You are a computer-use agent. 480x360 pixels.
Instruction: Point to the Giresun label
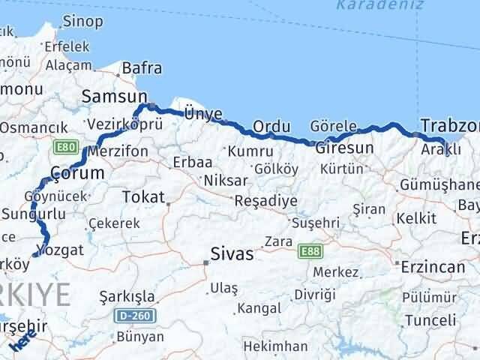pyautogui.click(x=344, y=148)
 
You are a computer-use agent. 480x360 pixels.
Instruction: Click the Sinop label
pyautogui.click(x=82, y=22)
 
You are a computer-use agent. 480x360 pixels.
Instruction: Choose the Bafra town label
pyautogui.click(x=142, y=68)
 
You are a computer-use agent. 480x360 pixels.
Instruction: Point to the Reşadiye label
pyautogui.click(x=265, y=201)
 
